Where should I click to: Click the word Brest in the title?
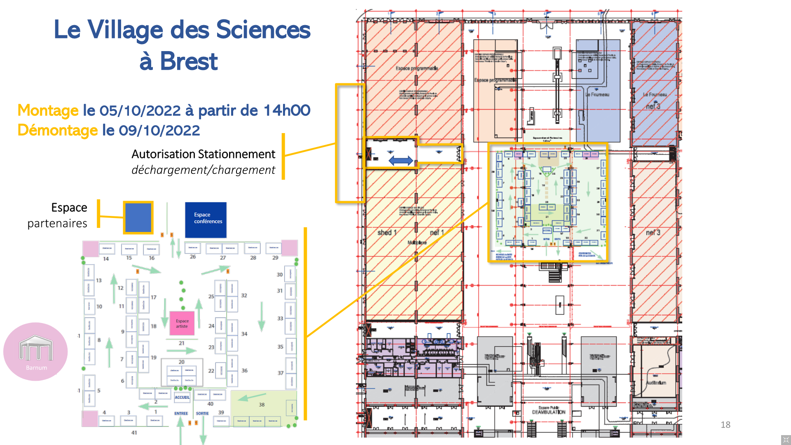(188, 62)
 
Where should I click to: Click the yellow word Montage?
(48, 110)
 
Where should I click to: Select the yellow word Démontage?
(57, 130)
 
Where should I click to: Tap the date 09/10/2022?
(159, 130)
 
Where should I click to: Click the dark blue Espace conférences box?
(206, 220)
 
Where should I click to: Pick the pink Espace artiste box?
(182, 323)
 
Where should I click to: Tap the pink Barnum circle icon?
(36, 351)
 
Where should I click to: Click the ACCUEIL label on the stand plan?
(182, 397)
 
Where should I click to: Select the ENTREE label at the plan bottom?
(181, 413)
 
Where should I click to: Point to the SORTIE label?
(202, 413)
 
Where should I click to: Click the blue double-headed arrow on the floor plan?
(400, 161)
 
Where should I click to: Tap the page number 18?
(725, 425)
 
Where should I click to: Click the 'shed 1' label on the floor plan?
(387, 233)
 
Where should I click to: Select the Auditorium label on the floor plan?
(656, 383)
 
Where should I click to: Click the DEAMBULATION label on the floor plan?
(548, 412)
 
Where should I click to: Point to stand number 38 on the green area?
(262, 405)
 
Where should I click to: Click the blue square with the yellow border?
(138, 218)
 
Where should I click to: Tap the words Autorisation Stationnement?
(203, 154)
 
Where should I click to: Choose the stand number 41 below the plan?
(134, 433)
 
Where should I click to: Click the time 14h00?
(287, 110)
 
